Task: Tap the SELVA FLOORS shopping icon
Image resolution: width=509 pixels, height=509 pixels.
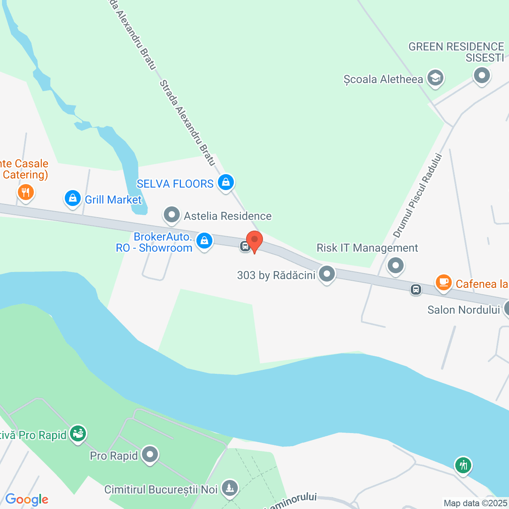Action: [226, 183]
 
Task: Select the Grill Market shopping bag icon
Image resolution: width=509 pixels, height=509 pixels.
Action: [73, 198]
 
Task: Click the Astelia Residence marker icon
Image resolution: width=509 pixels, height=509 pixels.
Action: [172, 215]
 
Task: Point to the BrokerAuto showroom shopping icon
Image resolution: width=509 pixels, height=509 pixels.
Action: [204, 241]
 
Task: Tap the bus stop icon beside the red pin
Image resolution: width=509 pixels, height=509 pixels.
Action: [245, 246]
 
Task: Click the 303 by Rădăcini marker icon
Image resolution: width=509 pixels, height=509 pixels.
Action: [327, 274]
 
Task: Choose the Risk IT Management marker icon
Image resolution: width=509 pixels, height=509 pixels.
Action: [396, 265]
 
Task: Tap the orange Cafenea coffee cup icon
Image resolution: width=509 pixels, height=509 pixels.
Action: [443, 283]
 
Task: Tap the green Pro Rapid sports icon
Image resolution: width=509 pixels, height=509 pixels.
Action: [78, 433]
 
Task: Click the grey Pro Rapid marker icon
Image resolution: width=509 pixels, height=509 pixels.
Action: [150, 454]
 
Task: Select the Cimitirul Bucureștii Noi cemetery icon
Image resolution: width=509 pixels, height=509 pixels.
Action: [229, 488]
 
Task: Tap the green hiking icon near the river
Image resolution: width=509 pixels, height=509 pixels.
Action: [463, 465]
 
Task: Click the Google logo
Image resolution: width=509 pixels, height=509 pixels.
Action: [27, 499]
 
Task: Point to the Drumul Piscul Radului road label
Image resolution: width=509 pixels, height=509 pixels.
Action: [418, 196]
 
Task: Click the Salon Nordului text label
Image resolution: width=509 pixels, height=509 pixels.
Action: [463, 310]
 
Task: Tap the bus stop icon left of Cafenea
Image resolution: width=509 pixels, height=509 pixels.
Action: [416, 289]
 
